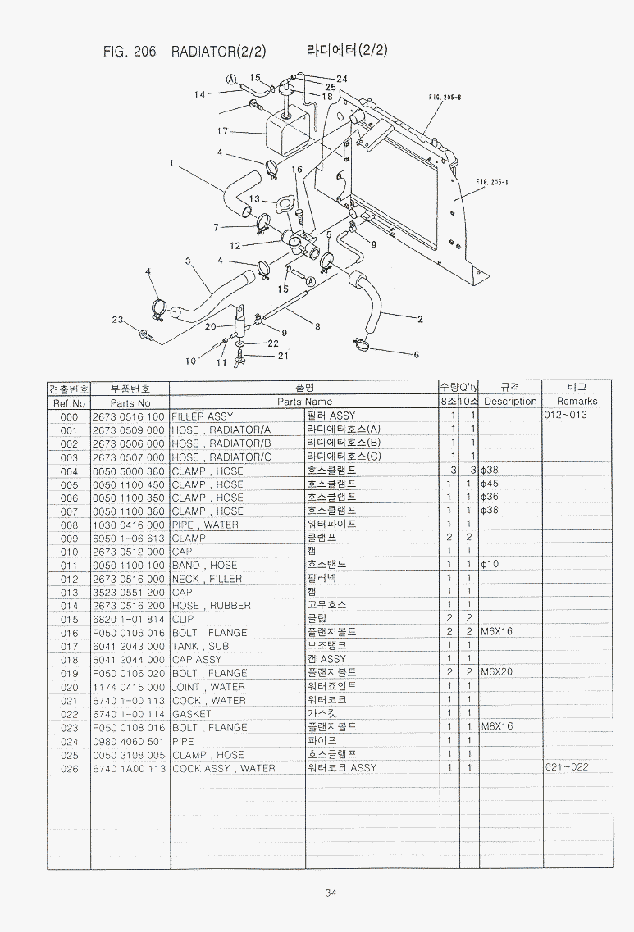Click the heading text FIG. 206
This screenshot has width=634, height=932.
pos(129,51)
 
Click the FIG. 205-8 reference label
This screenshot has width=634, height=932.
pos(445,97)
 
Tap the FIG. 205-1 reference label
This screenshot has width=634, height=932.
pos(492,183)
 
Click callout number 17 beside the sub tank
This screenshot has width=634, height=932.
pos(222,131)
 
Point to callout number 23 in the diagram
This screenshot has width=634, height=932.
pos(117,320)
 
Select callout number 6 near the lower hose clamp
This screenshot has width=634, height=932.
pos(416,355)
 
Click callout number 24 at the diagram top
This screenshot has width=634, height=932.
pos(342,79)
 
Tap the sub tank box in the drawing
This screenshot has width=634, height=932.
pos(284,136)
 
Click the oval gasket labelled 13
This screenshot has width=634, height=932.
pos(285,204)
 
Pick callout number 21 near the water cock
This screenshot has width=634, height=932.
pos(283,356)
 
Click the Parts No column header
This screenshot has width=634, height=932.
pos(130,402)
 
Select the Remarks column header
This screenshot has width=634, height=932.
pos(577,402)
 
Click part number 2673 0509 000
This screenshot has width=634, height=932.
pos(128,430)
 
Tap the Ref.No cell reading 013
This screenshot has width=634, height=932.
pos(69,592)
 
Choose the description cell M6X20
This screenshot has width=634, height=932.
pos(496,673)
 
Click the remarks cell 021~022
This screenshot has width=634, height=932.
pos(566,768)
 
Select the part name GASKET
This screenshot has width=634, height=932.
pos(192,714)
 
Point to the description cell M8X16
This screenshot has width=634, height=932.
pos(496,727)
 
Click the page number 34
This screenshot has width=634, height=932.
pos(330,893)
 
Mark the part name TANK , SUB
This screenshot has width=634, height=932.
pos(201,646)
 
